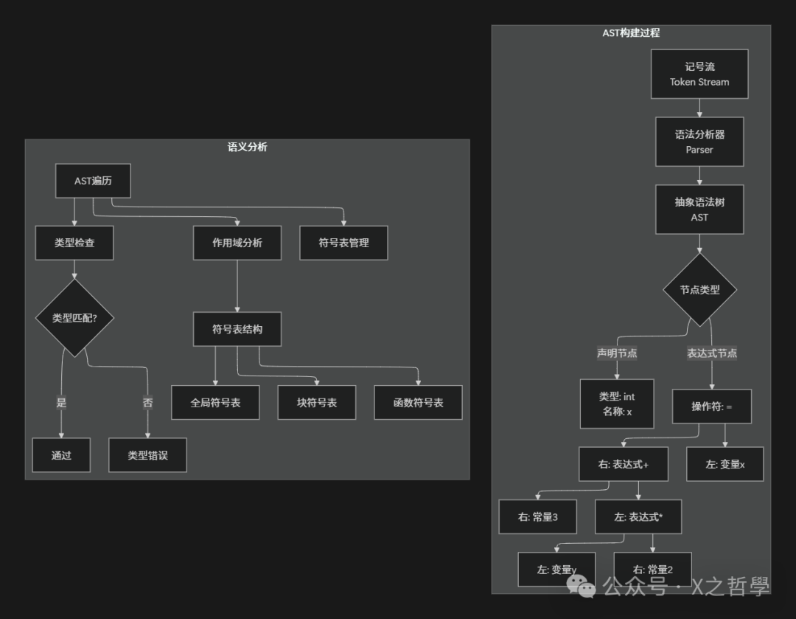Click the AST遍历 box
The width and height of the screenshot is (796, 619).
pos(93,181)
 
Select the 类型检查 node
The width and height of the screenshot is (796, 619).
pos(74,243)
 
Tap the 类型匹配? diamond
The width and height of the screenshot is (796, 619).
pos(74,318)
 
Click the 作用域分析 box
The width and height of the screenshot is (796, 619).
pos(237,243)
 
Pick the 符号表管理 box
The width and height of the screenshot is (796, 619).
pos(343,243)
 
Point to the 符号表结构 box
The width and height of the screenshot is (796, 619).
pos(237,329)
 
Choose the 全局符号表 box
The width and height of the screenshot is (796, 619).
pos(215,403)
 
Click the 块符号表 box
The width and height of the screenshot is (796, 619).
pos(317,403)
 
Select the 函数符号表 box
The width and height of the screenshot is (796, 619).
pos(419,403)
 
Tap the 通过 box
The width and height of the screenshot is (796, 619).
pos(61,455)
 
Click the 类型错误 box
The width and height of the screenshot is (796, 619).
pos(147,455)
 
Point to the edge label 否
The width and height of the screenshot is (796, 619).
pos(147,403)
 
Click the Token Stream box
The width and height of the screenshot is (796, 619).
pos(699,74)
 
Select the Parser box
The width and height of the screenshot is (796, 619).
pos(699,142)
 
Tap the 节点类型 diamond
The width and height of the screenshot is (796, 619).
pos(699,290)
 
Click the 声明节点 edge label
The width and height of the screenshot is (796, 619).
pos(617,353)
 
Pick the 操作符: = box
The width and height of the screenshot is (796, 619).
pos(711,407)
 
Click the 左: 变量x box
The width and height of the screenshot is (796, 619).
pos(725,464)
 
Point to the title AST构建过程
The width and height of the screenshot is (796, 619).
pos(631,33)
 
